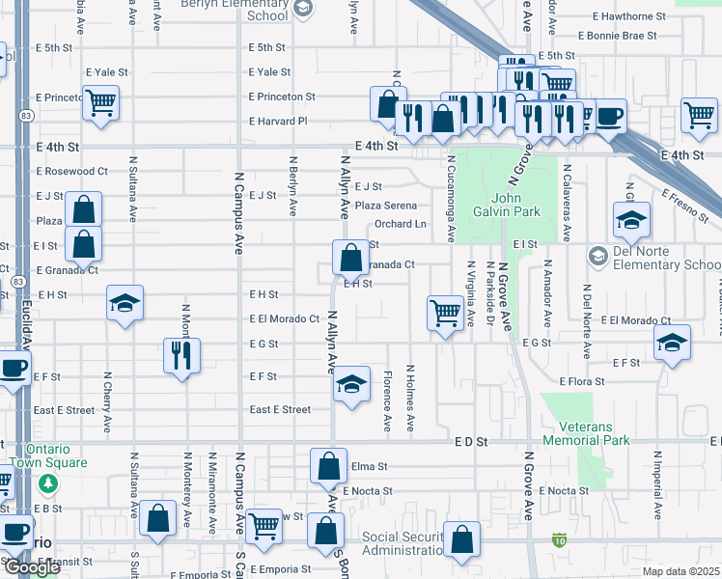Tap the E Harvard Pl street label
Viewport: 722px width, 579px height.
(277, 122)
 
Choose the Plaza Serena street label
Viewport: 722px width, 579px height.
(386, 206)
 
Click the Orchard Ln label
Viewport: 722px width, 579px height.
(400, 224)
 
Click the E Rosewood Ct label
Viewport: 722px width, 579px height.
(72, 171)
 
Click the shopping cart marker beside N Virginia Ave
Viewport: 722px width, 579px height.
(444, 312)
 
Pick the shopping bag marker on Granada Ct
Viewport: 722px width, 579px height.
(348, 258)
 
